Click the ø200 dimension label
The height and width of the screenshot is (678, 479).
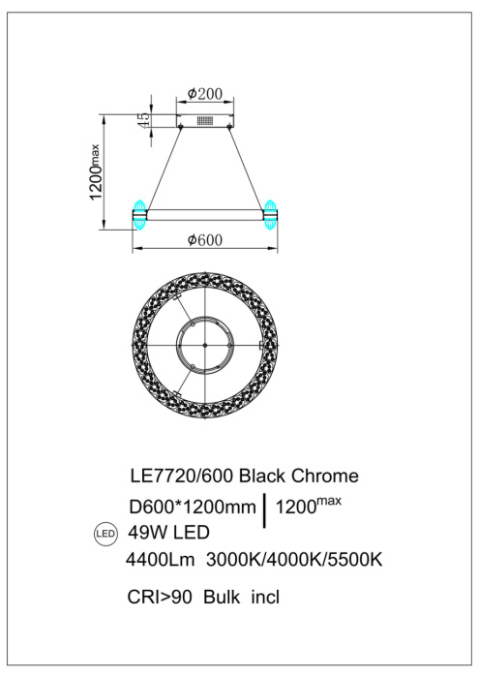pyautogui.click(x=204, y=94)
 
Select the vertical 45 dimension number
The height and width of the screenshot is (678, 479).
pyautogui.click(x=144, y=119)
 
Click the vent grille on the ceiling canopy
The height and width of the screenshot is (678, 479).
pyautogui.click(x=204, y=122)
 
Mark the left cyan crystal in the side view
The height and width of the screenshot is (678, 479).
pyautogui.click(x=138, y=210)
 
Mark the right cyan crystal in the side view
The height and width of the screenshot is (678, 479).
pyautogui.click(x=271, y=210)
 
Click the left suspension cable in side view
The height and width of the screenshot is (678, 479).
pyautogui.click(x=165, y=165)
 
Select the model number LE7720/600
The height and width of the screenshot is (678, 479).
pyautogui.click(x=181, y=477)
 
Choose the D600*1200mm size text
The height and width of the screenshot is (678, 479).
pyautogui.click(x=193, y=508)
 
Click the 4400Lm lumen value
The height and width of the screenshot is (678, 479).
pyautogui.click(x=162, y=559)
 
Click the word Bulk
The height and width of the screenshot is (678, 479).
pyautogui.click(x=222, y=598)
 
